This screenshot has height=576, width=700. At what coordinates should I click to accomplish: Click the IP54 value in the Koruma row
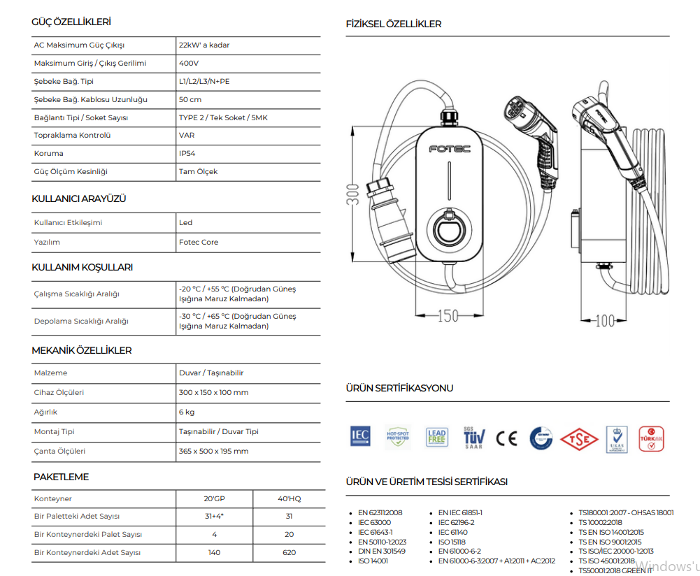click(186, 153)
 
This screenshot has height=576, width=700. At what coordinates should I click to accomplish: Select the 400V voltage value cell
click(189, 63)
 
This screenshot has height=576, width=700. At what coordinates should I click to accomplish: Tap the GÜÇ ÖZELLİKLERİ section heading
click(71, 22)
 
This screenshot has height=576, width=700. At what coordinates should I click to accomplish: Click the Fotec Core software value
click(199, 242)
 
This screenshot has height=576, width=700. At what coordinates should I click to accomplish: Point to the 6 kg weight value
click(187, 412)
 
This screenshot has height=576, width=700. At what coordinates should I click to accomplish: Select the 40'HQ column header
click(288, 498)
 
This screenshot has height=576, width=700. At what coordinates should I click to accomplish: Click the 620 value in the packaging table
click(288, 552)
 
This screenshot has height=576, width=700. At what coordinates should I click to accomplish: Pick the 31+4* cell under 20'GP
click(214, 516)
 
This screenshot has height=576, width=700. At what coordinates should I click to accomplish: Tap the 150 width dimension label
click(448, 316)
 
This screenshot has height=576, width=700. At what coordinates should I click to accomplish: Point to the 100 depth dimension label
click(605, 321)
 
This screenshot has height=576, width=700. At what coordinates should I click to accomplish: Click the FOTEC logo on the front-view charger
click(449, 148)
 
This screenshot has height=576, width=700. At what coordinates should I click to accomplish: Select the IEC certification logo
click(360, 437)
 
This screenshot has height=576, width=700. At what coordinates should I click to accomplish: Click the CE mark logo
click(506, 438)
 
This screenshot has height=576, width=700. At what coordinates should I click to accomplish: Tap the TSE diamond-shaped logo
click(579, 439)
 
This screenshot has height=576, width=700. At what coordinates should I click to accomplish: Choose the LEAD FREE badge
click(436, 438)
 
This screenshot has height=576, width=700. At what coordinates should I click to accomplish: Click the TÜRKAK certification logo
click(651, 438)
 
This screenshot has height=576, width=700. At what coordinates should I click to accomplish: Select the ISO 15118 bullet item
click(451, 542)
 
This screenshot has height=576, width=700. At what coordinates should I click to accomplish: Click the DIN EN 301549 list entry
click(381, 551)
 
